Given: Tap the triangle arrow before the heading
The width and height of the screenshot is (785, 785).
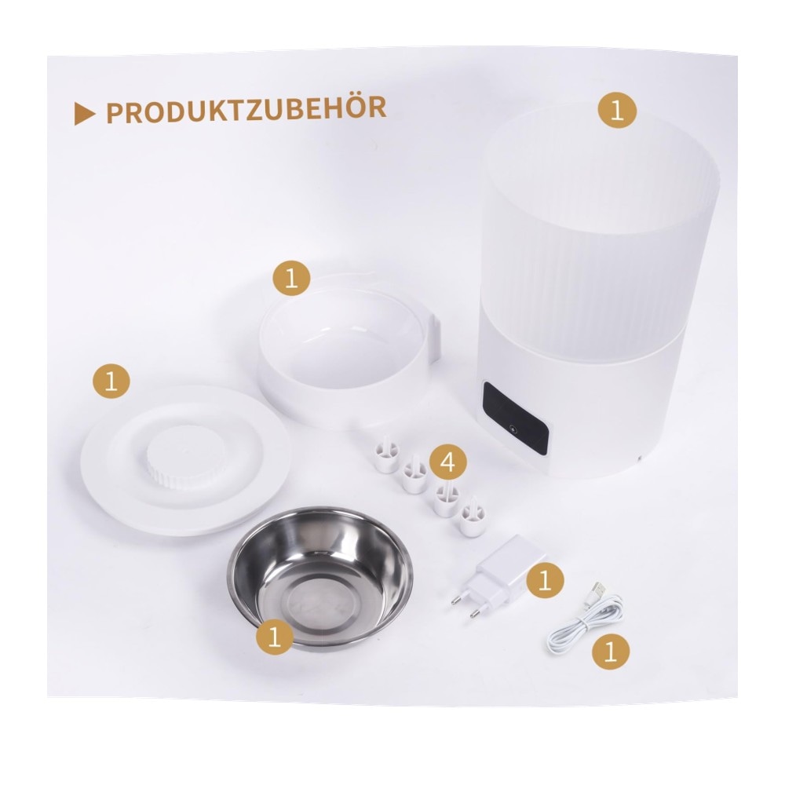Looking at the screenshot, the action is (84, 114).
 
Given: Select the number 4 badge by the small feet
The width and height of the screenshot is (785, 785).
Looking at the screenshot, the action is (447, 461).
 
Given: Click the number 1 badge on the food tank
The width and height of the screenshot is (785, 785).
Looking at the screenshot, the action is (617, 110).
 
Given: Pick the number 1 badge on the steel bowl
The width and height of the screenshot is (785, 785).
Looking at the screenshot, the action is (274, 637).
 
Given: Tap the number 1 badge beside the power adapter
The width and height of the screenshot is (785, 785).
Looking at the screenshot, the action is (545, 581).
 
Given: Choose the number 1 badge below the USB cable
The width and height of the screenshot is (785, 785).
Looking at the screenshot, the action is (610, 652).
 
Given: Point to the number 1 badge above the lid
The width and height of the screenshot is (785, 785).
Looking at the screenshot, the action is (111, 382).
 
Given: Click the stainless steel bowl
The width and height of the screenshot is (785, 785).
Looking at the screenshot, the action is (320, 575).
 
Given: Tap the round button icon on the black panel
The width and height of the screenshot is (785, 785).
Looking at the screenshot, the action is (512, 430).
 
